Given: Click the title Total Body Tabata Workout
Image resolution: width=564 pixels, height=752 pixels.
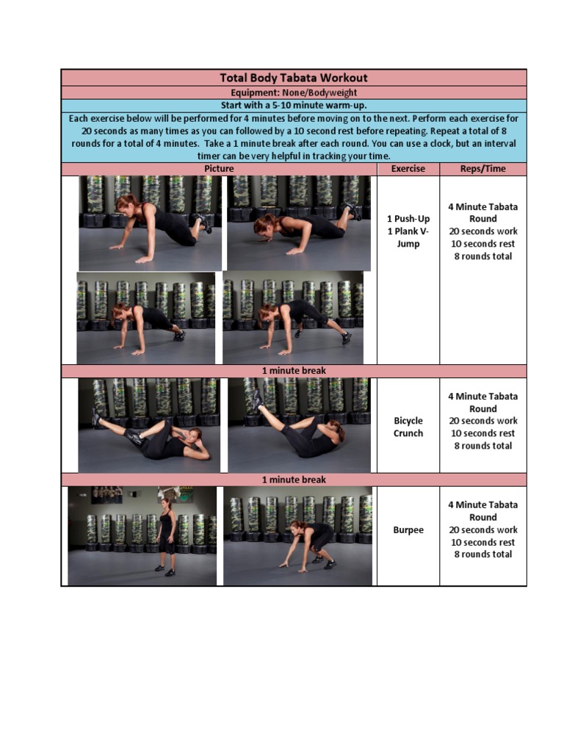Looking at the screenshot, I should [294, 78].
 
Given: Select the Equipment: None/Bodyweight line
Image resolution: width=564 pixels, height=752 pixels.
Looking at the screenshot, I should [294, 93].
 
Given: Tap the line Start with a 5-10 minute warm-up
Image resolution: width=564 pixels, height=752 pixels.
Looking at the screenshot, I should [294, 106].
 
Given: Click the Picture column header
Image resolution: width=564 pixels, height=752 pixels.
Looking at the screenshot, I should [219, 169].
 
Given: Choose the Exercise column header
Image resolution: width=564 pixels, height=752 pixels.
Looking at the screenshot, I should [408, 169].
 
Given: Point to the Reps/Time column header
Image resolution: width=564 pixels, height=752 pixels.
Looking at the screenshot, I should [483, 169].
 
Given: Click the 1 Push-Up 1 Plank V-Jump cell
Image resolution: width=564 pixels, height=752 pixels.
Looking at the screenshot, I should [408, 231].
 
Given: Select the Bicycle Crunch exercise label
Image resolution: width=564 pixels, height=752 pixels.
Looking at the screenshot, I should [408, 427].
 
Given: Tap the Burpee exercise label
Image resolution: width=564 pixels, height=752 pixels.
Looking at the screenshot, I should [408, 529].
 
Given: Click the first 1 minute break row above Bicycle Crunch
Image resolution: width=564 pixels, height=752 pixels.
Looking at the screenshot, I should [294, 371].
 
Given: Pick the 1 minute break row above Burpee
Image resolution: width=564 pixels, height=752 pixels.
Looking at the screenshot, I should [294, 480].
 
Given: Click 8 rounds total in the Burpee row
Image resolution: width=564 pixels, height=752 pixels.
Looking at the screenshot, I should [483, 554].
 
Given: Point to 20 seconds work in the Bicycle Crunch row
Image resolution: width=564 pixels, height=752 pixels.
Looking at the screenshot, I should [483, 421].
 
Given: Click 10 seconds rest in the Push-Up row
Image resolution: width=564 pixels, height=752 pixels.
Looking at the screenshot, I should [483, 244].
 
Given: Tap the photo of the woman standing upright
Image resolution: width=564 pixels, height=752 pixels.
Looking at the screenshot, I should [142, 536].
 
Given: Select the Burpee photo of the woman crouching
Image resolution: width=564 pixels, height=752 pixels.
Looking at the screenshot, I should [297, 536].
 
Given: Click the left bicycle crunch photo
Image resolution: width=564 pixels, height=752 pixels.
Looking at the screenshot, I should [149, 425].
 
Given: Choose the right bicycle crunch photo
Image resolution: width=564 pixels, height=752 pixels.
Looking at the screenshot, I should [298, 425].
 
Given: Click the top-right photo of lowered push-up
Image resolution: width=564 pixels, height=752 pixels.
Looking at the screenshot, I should [299, 223].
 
